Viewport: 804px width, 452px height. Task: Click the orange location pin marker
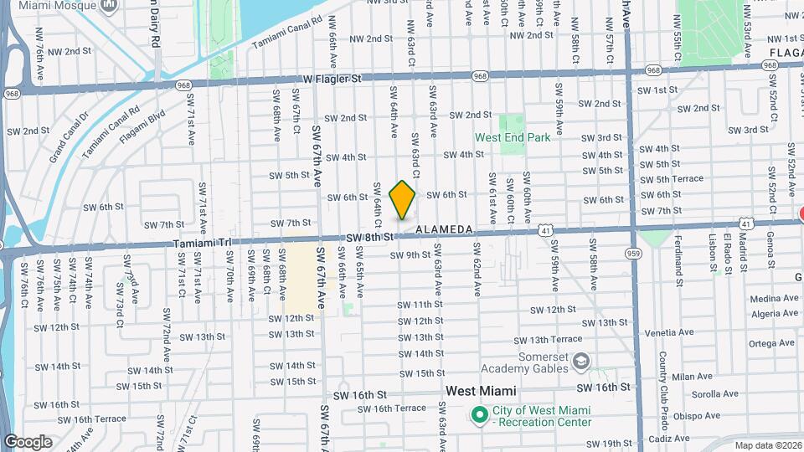[x=403, y=200]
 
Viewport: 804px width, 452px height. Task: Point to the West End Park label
[x=512, y=137]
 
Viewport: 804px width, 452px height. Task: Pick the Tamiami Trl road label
[x=201, y=243]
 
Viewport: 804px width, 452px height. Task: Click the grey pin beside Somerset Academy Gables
[x=581, y=361]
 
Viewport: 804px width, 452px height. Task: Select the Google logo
[x=28, y=441]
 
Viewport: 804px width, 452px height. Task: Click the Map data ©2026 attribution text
[x=767, y=445]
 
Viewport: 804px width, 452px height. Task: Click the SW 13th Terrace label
[x=548, y=340]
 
